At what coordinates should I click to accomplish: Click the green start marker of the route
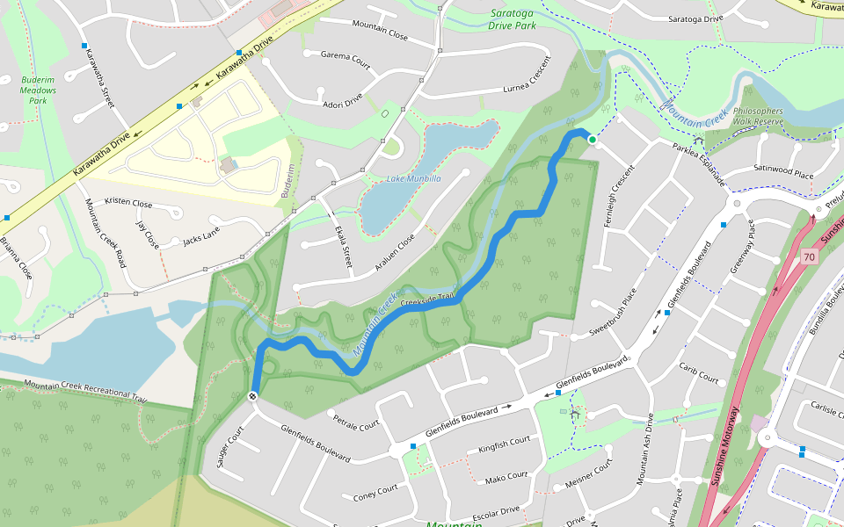click(593, 140)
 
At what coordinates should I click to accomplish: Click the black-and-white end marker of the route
click(253, 397)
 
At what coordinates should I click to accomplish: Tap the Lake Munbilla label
click(413, 178)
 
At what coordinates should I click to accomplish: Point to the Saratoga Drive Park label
click(512, 20)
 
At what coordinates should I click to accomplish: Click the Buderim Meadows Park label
click(38, 90)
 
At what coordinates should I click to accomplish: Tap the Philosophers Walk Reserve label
click(757, 116)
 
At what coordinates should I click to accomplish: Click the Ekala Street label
click(342, 245)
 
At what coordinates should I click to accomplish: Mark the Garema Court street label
click(346, 58)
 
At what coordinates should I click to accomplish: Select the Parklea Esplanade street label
click(698, 164)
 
